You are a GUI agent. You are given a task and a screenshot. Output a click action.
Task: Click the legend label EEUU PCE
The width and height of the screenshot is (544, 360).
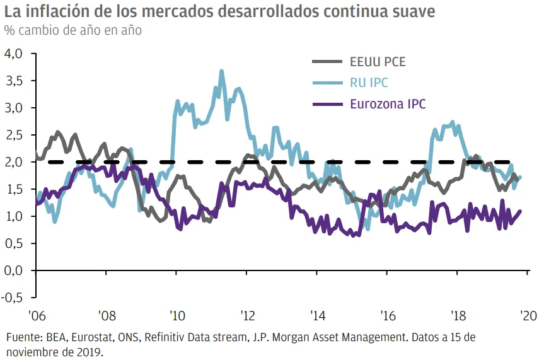[x=378, y=62]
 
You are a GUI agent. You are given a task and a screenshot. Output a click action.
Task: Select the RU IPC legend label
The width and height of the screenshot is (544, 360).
[x=370, y=83]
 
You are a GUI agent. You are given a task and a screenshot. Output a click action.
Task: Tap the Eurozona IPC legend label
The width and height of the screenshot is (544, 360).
[x=388, y=104]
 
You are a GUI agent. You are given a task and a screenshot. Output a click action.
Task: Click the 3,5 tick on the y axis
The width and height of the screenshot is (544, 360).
[x=13, y=81]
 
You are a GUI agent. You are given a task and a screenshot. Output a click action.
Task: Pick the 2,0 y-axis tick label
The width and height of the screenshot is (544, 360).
[x=13, y=162]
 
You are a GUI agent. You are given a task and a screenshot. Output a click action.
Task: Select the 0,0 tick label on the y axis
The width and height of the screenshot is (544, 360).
[x=13, y=270]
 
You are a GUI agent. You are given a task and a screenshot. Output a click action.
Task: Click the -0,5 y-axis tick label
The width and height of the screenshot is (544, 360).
[x=12, y=298]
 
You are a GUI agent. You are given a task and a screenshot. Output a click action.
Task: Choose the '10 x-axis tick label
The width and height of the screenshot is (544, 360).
[x=177, y=315]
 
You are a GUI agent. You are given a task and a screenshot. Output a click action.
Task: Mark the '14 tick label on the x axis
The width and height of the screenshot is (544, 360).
[x=318, y=315]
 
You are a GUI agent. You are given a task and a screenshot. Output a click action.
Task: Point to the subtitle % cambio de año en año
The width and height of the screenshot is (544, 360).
[x=72, y=30]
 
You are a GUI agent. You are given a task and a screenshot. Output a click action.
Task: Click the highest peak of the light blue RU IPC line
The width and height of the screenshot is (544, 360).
[x=222, y=71]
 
